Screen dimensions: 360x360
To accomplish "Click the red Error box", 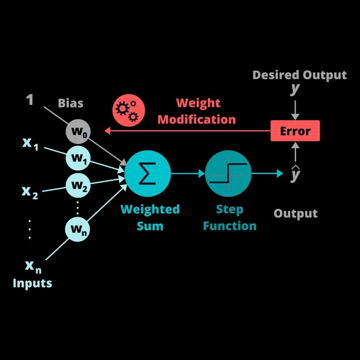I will [295, 131].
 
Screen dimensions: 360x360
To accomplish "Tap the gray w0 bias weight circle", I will [78, 132].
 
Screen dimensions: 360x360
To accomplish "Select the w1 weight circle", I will [78, 158].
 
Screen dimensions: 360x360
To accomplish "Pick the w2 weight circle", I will [78, 184].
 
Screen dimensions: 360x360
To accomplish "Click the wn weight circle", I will [78, 229].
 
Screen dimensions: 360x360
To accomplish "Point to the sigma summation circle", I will [148, 173].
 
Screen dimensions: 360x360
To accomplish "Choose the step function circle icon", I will [228, 173].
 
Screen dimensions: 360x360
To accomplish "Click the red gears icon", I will [128, 110].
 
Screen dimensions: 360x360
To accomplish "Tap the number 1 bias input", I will [30, 100].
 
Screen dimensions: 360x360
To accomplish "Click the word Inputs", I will [32, 283].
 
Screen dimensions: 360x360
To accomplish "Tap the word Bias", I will [71, 103].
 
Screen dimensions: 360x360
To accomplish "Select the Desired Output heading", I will [299, 75].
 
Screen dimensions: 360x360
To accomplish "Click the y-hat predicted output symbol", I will [295, 174].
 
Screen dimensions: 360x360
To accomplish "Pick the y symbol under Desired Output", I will [295, 89].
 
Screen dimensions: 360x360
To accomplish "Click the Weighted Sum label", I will [150, 217].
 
